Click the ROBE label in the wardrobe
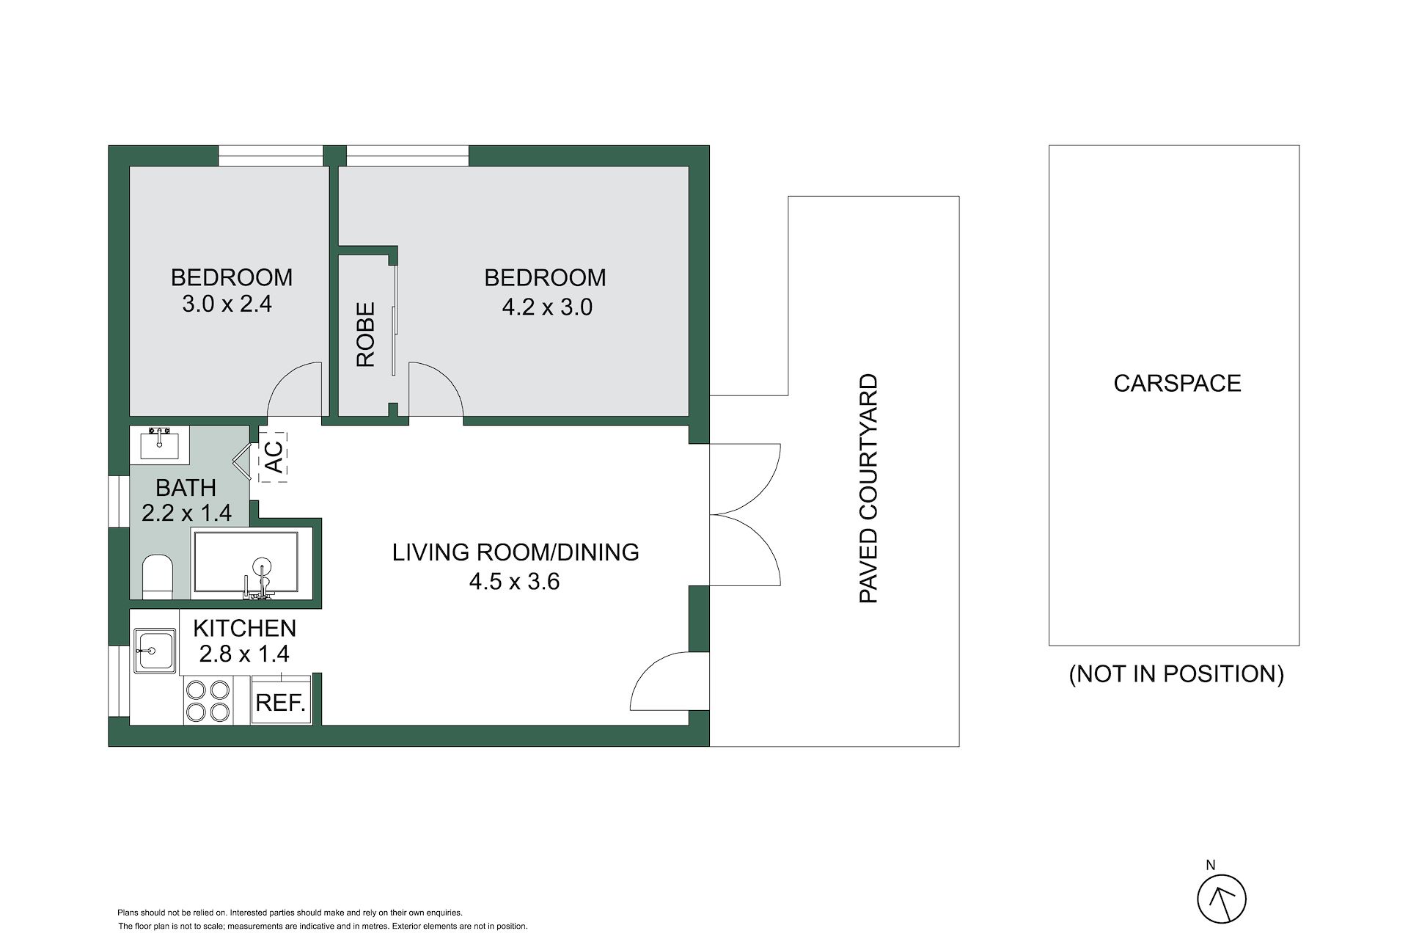tap(365, 335)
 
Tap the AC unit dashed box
tap(273, 457)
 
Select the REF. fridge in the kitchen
tap(281, 703)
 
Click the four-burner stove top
tap(208, 701)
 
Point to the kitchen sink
tap(154, 651)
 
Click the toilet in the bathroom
tap(156, 577)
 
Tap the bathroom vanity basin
tap(159, 443)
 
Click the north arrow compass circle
tap(1222, 899)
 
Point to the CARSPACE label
tap(1177, 383)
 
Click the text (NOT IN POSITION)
tap(1176, 673)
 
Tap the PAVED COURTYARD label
tap(868, 489)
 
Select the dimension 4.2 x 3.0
tap(547, 307)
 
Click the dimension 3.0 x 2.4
tap(227, 304)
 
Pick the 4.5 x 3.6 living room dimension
tap(514, 582)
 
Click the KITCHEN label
tap(244, 628)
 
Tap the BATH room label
tap(186, 487)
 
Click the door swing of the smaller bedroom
tap(295, 389)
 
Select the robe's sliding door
tap(395, 323)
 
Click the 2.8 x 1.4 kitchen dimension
tap(244, 653)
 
